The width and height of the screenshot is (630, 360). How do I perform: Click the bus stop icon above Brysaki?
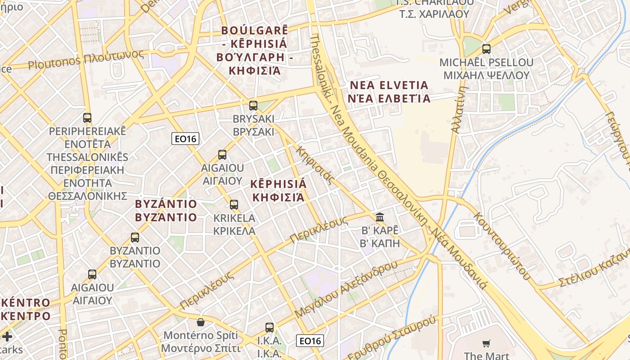(x=253, y=106)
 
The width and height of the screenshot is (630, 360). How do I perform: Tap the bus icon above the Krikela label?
(x=234, y=205)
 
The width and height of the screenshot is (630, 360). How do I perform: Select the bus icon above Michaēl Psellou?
(x=486, y=49)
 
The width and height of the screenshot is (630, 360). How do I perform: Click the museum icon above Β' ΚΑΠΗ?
(x=380, y=217)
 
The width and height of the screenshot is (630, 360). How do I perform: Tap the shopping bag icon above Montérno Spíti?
(x=201, y=322)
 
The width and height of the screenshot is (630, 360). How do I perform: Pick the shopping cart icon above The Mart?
(x=486, y=344)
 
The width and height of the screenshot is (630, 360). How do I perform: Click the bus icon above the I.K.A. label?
(x=270, y=328)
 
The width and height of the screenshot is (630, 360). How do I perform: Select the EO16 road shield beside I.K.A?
(x=310, y=341)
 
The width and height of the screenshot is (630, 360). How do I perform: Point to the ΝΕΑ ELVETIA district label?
(x=389, y=91)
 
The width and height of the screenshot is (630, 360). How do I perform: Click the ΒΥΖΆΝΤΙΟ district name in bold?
(x=166, y=211)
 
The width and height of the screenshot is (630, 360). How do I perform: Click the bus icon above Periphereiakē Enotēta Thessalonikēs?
(x=87, y=118)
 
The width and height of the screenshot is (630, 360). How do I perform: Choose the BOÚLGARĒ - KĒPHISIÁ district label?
(x=254, y=50)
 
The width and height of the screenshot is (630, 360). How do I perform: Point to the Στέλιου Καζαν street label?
(x=594, y=270)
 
